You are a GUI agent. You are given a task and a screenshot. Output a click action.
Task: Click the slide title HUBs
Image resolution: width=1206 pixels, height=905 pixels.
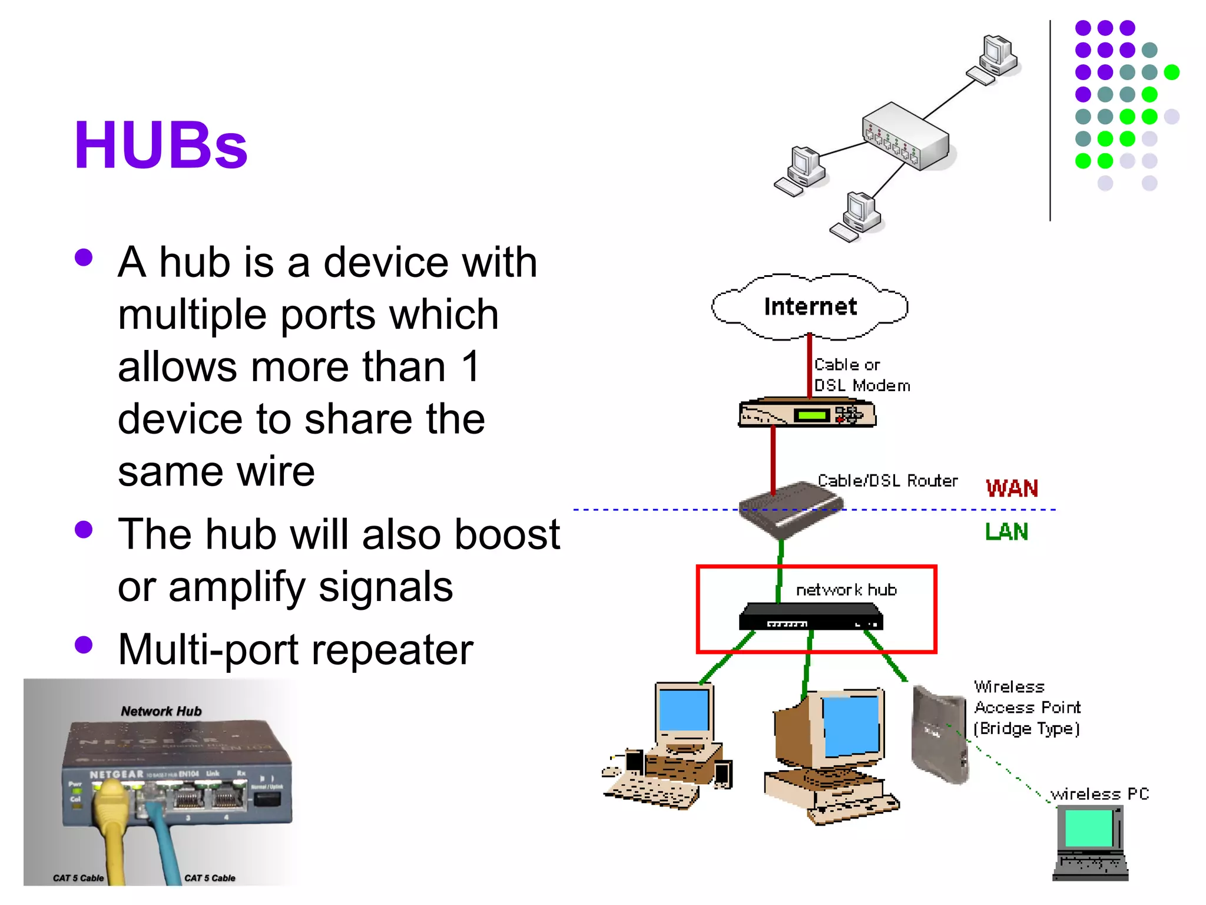point(160,146)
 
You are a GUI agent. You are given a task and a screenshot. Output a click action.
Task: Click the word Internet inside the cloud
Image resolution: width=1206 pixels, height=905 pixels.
point(810,307)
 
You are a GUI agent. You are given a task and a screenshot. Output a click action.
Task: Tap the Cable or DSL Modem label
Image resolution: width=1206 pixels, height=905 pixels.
point(861,375)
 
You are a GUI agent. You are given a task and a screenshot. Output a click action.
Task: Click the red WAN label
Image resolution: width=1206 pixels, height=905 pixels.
point(1012,488)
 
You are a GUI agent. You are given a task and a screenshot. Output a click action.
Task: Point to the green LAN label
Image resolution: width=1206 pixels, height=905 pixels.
point(1006,532)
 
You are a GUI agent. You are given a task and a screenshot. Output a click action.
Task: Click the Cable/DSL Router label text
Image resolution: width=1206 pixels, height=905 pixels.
point(887,481)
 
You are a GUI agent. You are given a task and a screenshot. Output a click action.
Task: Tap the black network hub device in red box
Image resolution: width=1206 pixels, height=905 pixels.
point(810,617)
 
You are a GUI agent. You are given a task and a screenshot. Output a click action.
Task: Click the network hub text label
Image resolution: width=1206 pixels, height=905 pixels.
point(846,590)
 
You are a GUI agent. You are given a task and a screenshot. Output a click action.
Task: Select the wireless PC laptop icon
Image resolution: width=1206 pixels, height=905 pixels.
point(1090,843)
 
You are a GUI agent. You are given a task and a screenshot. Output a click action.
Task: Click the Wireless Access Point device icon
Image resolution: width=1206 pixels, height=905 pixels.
point(939,734)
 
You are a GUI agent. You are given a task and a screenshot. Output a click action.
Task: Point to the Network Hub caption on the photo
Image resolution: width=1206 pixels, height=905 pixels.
point(161,711)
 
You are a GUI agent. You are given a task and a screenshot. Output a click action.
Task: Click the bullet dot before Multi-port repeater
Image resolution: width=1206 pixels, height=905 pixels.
point(84,645)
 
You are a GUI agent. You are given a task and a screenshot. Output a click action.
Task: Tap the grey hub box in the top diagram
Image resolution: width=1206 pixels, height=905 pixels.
point(906,136)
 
